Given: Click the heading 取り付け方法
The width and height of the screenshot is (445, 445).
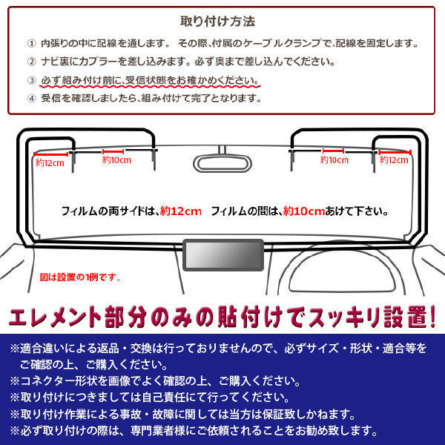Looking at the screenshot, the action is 217,22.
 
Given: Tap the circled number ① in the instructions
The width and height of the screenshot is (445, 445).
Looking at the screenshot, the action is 31,44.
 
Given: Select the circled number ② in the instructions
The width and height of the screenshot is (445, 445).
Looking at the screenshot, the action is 31,62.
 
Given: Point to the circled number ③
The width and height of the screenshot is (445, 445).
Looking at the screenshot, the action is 31,81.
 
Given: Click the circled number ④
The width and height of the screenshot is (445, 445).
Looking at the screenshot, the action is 31,99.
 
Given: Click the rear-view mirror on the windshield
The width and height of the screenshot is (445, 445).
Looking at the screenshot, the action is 222,163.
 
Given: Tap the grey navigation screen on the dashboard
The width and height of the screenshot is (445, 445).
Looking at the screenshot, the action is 223,255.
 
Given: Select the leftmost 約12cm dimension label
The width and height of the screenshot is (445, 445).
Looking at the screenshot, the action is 50,163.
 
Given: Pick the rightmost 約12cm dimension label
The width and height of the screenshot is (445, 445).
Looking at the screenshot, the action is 394,160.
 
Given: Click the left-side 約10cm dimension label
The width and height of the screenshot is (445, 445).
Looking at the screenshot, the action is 116,160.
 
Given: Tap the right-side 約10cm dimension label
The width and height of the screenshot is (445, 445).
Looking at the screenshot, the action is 334,160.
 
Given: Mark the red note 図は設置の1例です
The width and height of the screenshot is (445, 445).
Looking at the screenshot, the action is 80,277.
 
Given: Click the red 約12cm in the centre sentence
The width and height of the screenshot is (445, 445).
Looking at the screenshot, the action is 181,211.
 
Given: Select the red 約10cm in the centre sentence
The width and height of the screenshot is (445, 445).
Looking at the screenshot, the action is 304,211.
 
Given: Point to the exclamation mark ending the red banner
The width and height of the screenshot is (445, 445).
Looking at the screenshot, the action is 432,317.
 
